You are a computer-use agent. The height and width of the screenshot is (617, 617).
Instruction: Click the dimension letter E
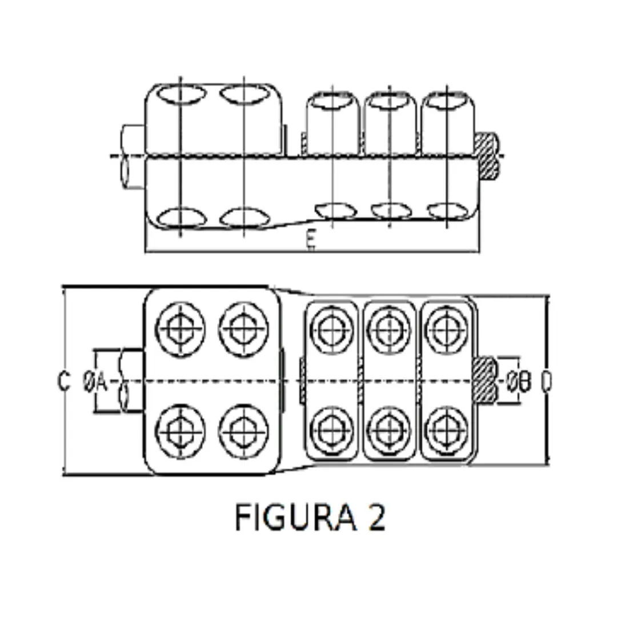311,242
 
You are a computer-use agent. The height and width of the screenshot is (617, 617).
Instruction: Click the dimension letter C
64,381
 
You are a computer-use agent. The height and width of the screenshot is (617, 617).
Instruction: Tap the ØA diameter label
95,382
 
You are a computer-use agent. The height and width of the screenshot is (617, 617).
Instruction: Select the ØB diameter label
519,382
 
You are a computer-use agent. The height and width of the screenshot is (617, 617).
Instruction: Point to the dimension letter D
546,382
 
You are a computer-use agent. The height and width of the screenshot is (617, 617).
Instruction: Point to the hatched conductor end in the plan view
484,379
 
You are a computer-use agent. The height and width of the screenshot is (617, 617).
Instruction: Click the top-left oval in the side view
181,94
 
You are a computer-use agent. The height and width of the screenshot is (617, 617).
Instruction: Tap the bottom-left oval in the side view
181,219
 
